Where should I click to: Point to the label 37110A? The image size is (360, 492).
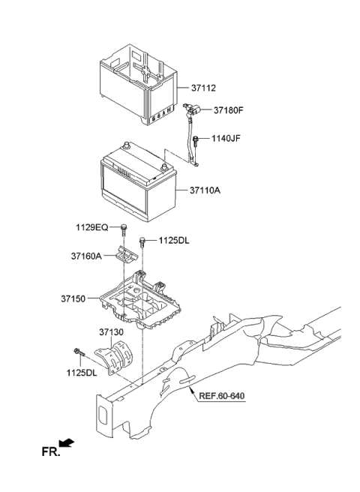[x=200, y=190]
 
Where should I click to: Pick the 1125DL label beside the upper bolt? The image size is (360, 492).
[x=174, y=240]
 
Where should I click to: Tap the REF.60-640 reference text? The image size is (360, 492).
[x=222, y=395]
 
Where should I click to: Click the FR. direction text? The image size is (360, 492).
[x=51, y=451]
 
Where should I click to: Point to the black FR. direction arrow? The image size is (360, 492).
[x=68, y=443]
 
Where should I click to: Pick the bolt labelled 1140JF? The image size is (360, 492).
[x=196, y=139]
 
